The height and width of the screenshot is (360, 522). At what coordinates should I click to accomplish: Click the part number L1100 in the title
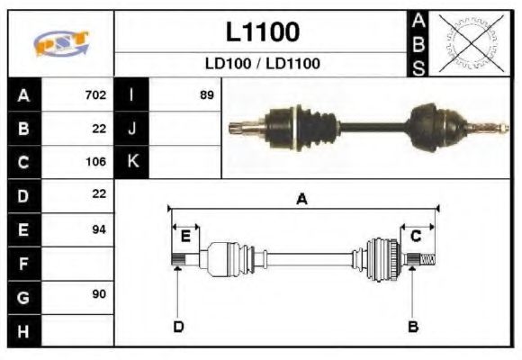pos(262,32)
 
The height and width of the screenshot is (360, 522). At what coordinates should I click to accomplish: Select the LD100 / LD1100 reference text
pos(262,64)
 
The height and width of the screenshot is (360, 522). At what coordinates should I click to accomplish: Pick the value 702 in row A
pos(95,94)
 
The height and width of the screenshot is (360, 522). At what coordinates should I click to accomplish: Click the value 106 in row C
pos(95,162)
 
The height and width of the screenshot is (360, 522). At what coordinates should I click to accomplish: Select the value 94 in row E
pos(99,229)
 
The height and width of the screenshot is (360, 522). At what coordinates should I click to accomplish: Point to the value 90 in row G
pos(99,295)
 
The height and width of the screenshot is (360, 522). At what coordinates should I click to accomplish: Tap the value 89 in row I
pos(206,94)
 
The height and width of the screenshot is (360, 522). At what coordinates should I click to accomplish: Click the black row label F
pos(23,264)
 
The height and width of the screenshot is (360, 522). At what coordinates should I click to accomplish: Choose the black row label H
pos(23,330)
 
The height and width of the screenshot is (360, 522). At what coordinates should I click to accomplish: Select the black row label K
pos(132,162)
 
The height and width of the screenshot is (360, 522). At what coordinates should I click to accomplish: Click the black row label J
pos(132,128)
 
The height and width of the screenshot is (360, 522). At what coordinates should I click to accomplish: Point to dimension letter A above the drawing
pos(302,200)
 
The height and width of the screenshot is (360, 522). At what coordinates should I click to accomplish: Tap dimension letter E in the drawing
pos(185,236)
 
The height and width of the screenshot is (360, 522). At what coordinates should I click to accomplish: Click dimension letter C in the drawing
pos(417,236)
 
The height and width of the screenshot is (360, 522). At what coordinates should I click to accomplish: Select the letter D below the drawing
pos(178,326)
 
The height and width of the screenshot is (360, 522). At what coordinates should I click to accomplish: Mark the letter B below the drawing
pos(413,326)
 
